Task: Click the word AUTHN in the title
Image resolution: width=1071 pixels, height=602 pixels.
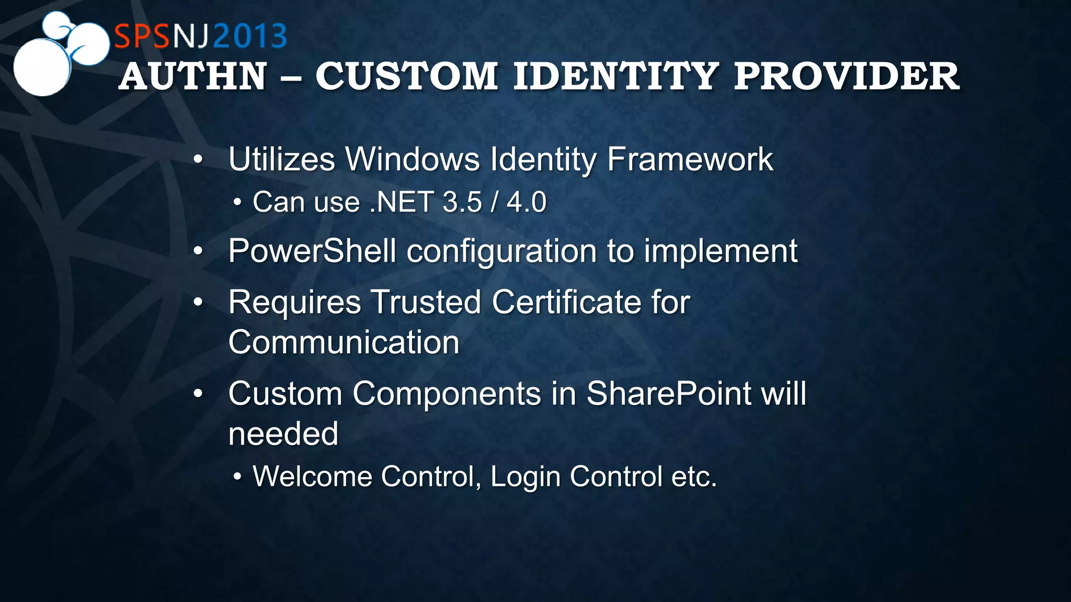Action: tap(193, 77)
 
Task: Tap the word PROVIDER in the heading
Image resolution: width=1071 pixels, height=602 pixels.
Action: tap(846, 77)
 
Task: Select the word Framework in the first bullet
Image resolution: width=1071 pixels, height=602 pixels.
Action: tap(690, 159)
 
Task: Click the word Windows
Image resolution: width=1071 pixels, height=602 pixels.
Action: tap(412, 159)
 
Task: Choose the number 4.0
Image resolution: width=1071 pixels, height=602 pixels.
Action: tap(526, 202)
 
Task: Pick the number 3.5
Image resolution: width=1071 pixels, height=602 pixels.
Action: tap(462, 202)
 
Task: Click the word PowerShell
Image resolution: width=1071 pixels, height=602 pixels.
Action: tap(312, 251)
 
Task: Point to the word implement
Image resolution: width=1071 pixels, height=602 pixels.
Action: tap(720, 251)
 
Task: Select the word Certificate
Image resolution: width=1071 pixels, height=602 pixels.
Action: tap(566, 302)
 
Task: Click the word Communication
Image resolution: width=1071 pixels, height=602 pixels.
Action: tap(344, 342)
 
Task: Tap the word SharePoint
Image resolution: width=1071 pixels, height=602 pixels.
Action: tap(669, 393)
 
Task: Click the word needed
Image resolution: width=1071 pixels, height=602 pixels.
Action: tap(283, 434)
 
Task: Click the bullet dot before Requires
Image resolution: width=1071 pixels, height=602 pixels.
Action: tap(198, 302)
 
